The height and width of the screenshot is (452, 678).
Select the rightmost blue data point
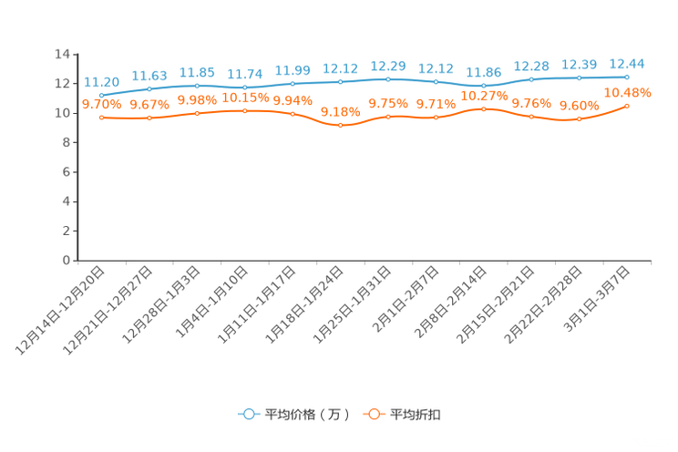(627, 77)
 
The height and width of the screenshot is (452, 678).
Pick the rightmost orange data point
(627, 106)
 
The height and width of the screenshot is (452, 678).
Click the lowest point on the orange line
(341, 126)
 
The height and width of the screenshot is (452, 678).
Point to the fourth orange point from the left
(245, 110)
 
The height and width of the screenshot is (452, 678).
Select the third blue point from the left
(198, 86)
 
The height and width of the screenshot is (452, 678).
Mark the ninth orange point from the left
(484, 108)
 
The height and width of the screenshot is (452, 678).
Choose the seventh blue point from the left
(388, 79)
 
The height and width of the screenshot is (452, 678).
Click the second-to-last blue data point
(580, 78)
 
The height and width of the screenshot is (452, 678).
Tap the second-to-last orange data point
(580, 118)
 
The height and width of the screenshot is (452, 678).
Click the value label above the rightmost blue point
(627, 63)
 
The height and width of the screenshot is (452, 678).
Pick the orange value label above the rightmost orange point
(629, 92)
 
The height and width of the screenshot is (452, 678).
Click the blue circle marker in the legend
(248, 414)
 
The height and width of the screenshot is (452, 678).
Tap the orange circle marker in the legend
(374, 414)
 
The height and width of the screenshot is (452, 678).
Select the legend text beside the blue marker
(307, 415)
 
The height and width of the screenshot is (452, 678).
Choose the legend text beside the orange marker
(416, 415)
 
